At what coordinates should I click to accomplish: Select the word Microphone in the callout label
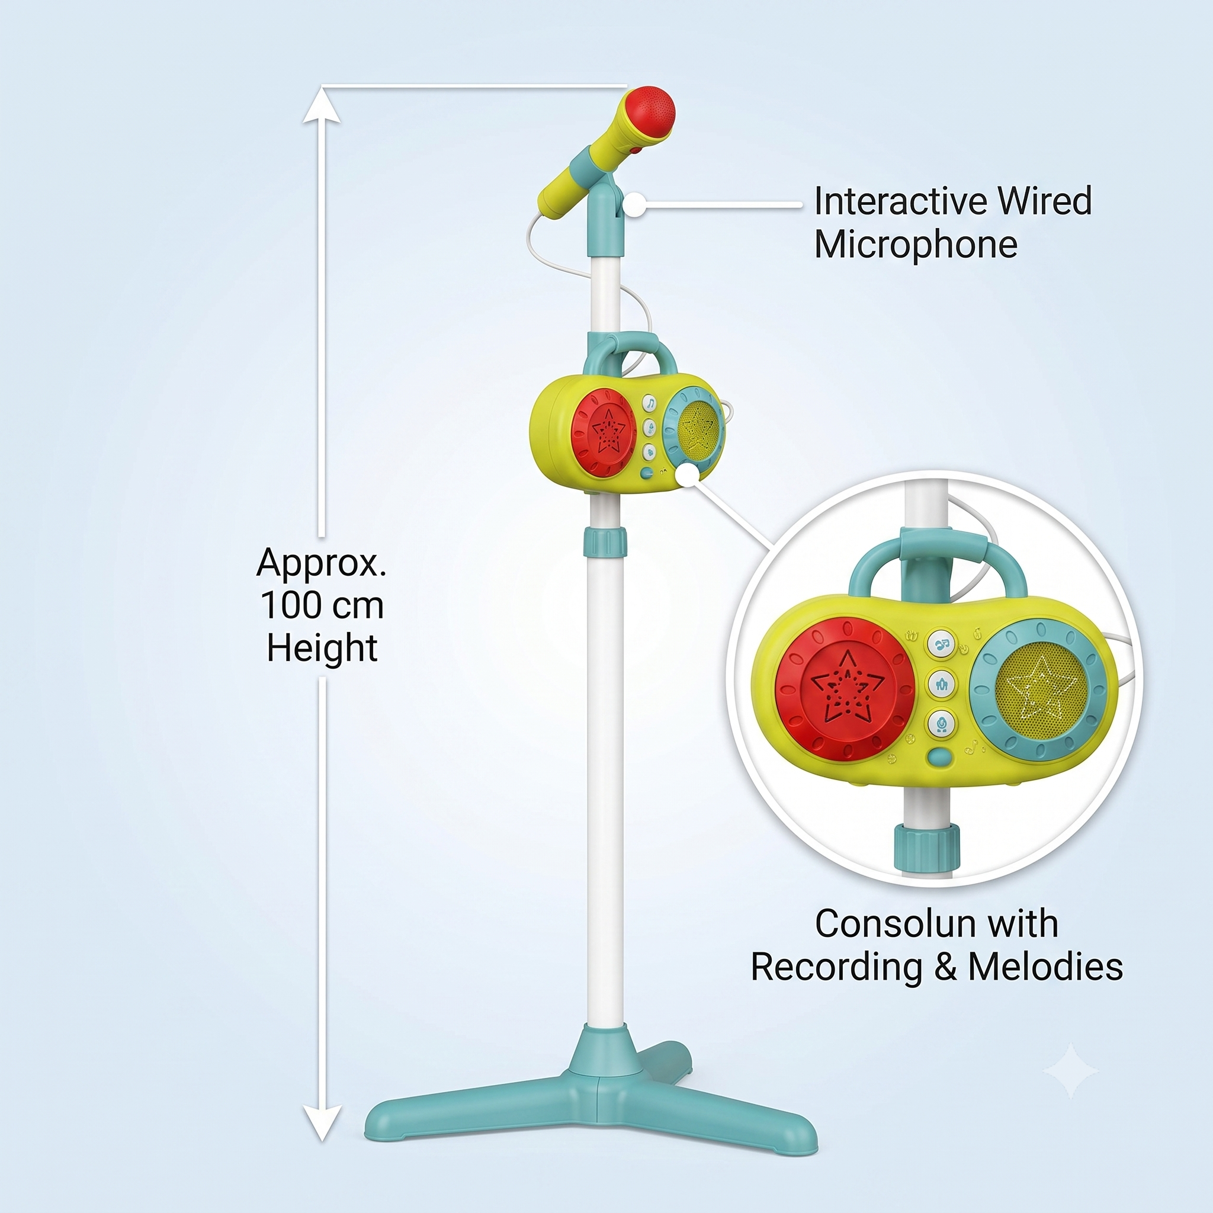pos(916,244)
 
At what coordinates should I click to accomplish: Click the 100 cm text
pos(322,605)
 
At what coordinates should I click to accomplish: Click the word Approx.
pos(321,563)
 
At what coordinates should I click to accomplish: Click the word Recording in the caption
pos(837,968)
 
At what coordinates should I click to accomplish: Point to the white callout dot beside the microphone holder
pos(636,205)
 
